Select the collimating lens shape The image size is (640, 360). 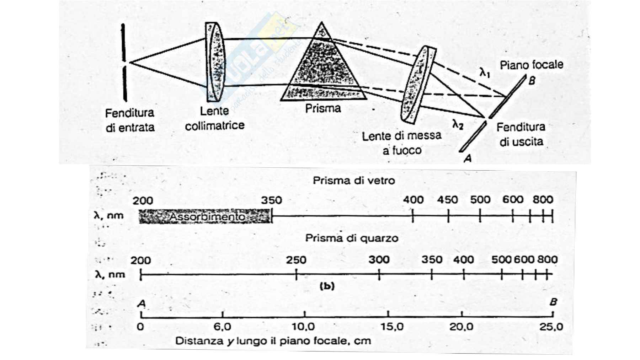pyautogui.click(x=215, y=62)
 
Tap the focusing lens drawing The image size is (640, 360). pyautogui.click(x=418, y=85)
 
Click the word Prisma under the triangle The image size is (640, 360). pyautogui.click(x=323, y=108)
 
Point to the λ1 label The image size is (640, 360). pyautogui.click(x=485, y=73)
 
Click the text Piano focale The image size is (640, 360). pyautogui.click(x=531, y=65)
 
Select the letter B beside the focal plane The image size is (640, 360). pyautogui.click(x=532, y=81)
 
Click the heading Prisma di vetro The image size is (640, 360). pyautogui.click(x=353, y=181)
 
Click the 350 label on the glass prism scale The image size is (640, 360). pyautogui.click(x=271, y=200)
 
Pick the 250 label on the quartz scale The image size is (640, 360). pyautogui.click(x=296, y=260)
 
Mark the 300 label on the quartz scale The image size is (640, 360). pyautogui.click(x=379, y=260)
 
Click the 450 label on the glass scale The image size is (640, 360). pyautogui.click(x=447, y=200)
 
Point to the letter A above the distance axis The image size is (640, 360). pyautogui.click(x=141, y=303)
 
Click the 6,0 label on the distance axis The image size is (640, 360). pyautogui.click(x=223, y=326)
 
